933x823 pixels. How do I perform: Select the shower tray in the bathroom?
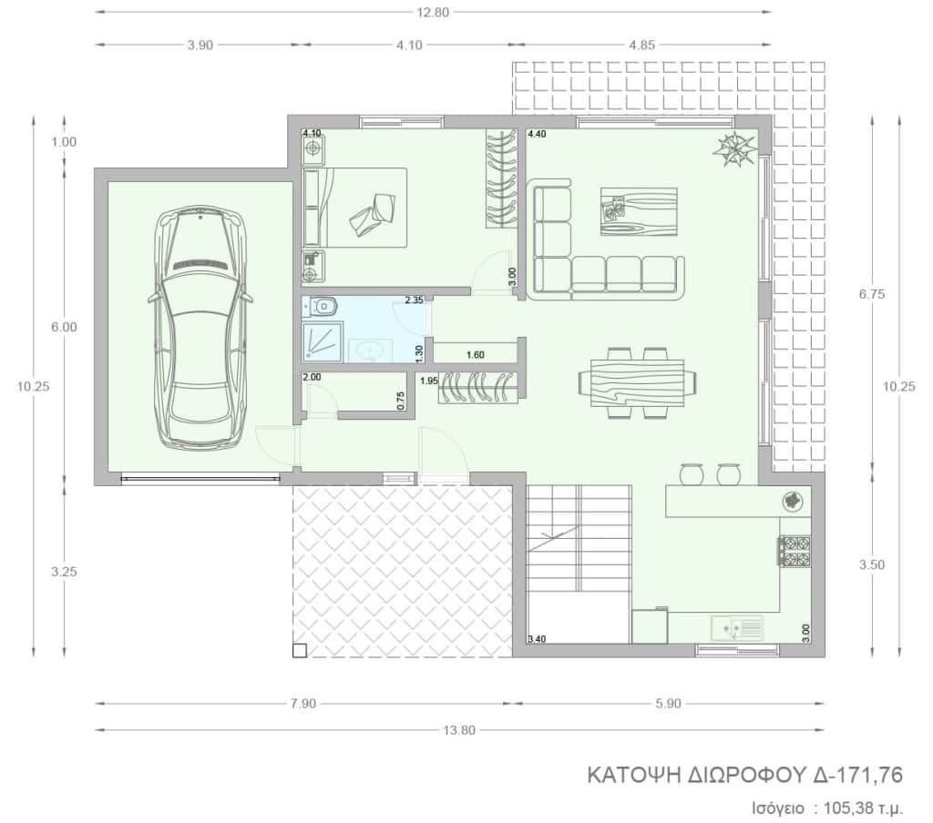tap(323, 342)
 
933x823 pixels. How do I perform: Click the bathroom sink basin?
tap(370, 351)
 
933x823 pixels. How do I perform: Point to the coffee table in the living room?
tap(639, 212)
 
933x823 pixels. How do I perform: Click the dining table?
tap(638, 382)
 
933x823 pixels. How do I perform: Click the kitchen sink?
tap(736, 627)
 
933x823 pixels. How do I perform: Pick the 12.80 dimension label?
tap(433, 13)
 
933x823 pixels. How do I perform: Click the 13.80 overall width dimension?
tap(459, 729)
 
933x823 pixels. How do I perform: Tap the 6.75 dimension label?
tap(872, 294)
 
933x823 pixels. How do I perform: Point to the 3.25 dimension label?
tap(64, 572)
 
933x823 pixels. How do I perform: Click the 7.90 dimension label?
tap(303, 704)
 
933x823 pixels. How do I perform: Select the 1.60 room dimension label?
tap(476, 355)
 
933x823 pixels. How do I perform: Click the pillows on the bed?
tap(372, 215)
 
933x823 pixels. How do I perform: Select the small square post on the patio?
tap(300, 651)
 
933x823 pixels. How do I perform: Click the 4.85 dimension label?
tap(641, 46)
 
